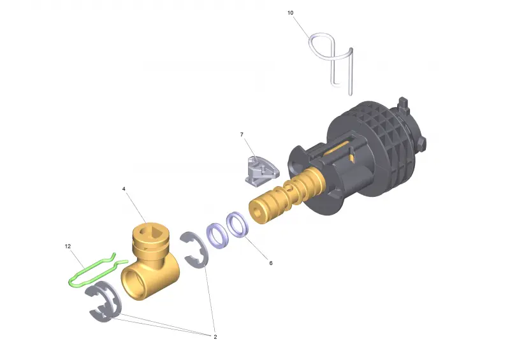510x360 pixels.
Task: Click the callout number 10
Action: (x=290, y=13)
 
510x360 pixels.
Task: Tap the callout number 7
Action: (x=242, y=134)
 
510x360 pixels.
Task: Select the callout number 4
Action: (x=124, y=189)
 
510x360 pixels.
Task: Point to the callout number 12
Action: (x=68, y=246)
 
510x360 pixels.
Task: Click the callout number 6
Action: (x=270, y=263)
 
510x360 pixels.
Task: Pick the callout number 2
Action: (x=215, y=337)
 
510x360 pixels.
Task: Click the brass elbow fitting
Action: (x=150, y=260)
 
